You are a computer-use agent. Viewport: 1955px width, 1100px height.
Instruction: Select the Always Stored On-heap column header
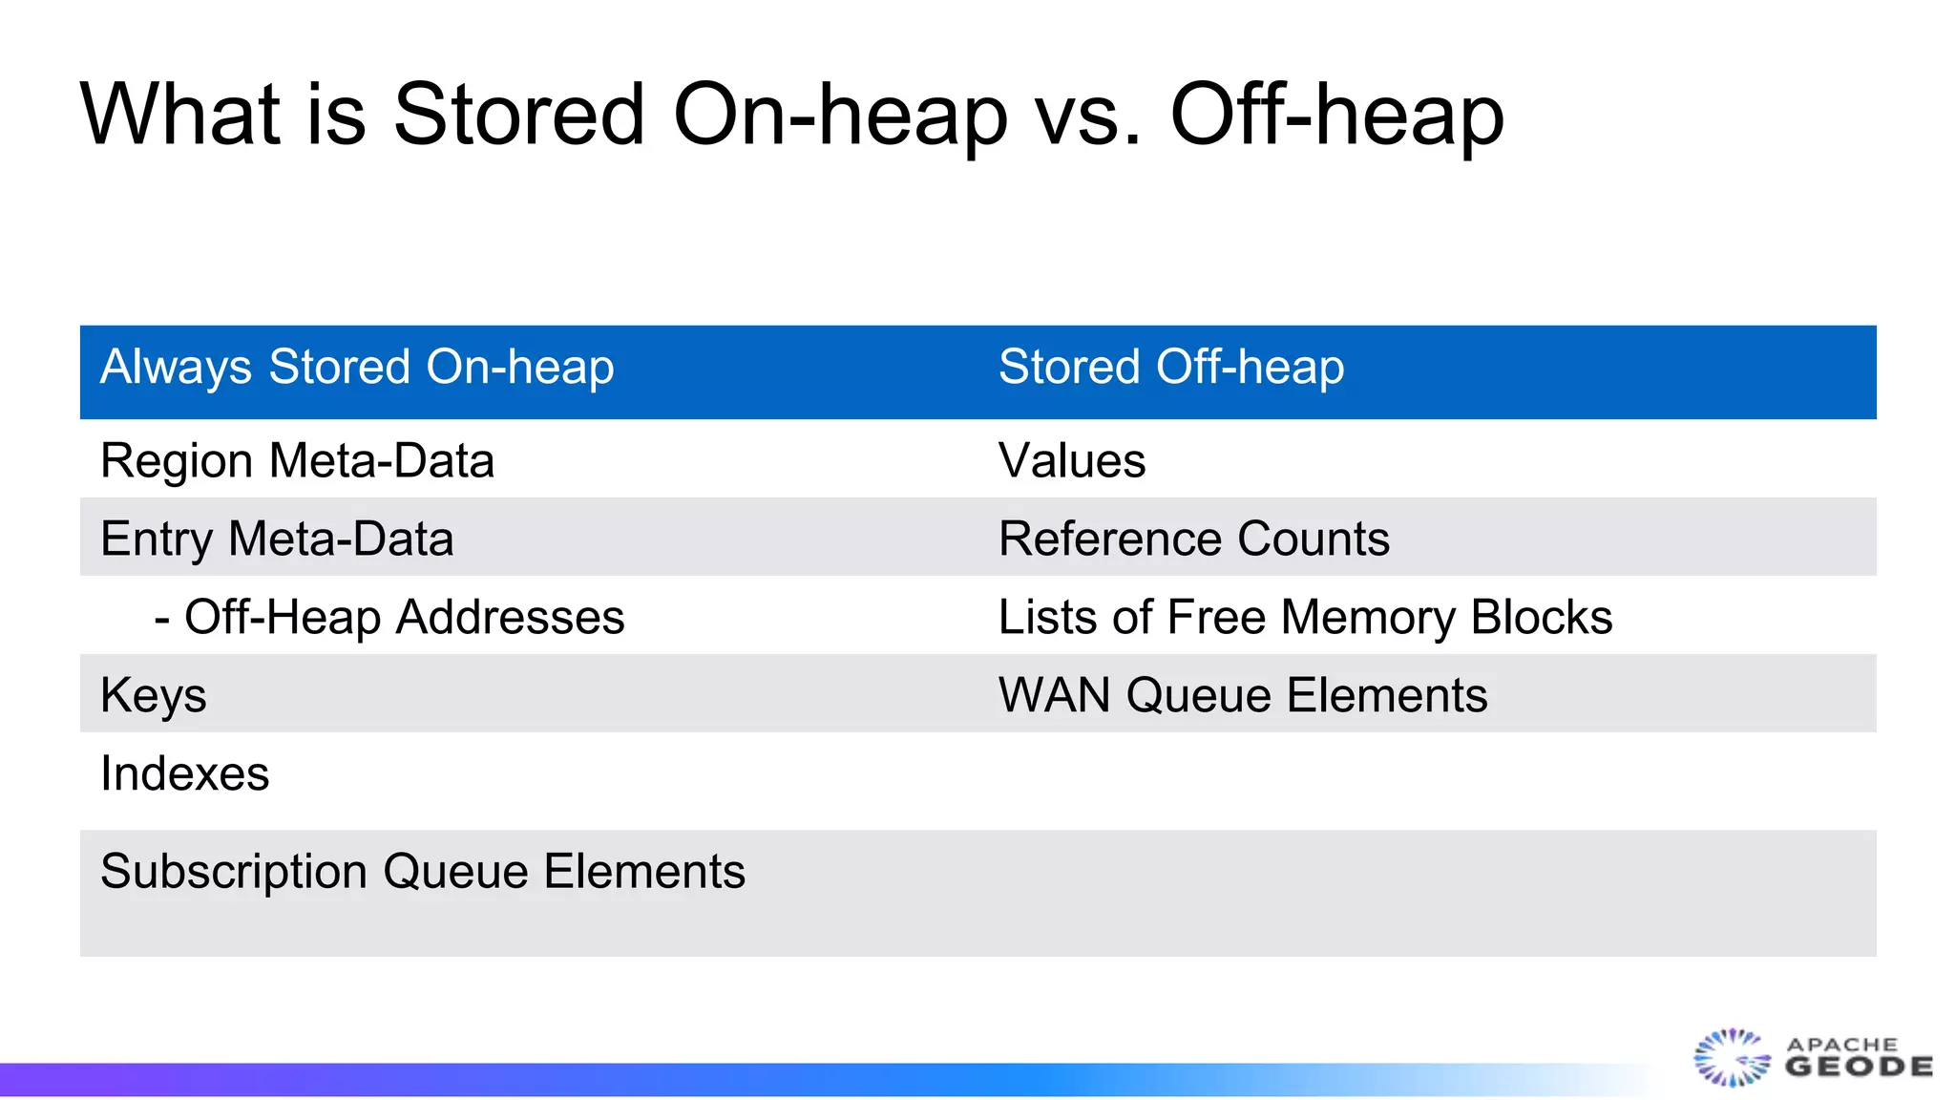click(357, 368)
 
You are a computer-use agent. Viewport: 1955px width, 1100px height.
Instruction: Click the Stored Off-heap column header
click(1171, 368)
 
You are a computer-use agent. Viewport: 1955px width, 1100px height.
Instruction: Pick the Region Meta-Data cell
click(297, 460)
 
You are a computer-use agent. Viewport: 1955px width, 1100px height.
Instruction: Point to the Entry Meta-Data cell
click(277, 539)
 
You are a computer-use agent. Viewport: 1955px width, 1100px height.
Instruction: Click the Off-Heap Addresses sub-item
click(389, 617)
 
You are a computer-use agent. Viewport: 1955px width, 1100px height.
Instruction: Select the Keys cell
click(154, 695)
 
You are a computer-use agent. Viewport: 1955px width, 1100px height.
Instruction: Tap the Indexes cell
click(184, 773)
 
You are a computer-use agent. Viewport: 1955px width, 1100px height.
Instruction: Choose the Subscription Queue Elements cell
click(422, 872)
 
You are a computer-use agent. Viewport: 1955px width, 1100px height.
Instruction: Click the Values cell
click(1072, 460)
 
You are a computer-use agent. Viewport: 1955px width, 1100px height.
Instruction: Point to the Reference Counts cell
click(1193, 539)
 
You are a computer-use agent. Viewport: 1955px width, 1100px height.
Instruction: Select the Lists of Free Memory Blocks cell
click(1305, 617)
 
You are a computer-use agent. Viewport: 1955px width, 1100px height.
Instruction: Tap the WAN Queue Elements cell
click(1242, 695)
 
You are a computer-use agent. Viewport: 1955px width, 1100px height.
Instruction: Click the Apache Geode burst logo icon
click(1731, 1058)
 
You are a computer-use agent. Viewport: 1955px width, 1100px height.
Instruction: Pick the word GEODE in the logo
click(1859, 1067)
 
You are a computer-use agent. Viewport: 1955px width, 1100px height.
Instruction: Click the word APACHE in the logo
click(1842, 1044)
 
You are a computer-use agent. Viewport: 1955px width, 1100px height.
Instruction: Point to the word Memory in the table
click(1369, 617)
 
